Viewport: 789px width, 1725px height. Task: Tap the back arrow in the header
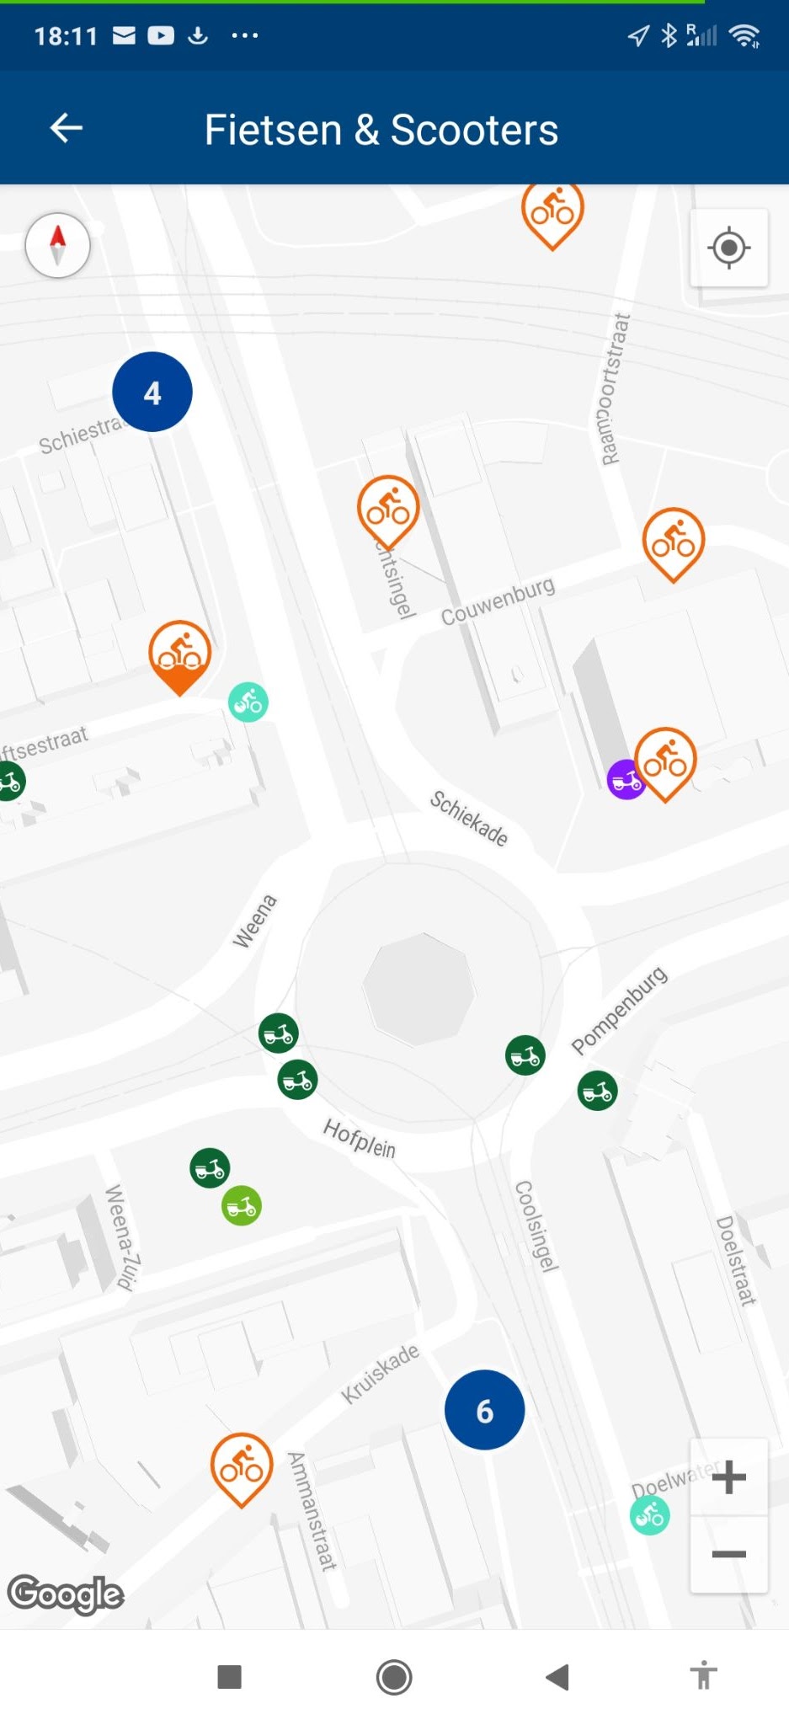point(67,128)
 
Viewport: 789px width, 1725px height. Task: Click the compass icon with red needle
point(58,245)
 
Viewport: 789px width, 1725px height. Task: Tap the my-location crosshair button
point(728,248)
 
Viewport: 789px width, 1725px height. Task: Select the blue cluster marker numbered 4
point(152,393)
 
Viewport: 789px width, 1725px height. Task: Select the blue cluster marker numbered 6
point(484,1410)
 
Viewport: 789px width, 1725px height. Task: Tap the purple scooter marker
point(625,780)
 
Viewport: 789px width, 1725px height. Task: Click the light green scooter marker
point(242,1206)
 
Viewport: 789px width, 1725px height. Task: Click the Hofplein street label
point(360,1139)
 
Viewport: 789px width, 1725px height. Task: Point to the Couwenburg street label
point(498,601)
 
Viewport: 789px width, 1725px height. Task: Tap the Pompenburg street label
point(619,1010)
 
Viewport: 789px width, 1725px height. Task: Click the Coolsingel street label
point(536,1226)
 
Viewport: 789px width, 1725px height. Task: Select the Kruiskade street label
point(380,1374)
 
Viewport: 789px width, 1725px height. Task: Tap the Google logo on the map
point(66,1594)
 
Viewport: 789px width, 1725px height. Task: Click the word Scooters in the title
point(474,131)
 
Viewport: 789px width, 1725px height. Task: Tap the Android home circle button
point(394,1677)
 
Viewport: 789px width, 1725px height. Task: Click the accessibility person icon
point(703,1676)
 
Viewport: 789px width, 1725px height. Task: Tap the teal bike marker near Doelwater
point(650,1516)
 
